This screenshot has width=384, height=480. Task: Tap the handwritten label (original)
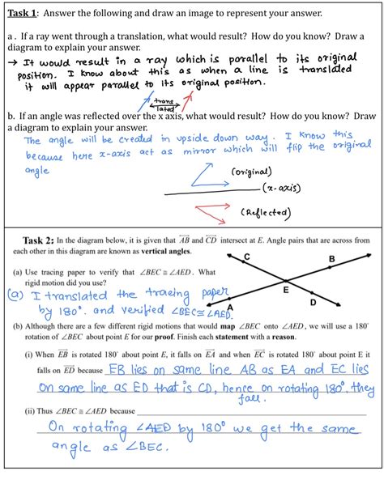click(x=250, y=172)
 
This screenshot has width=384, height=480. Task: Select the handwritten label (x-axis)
click(x=281, y=189)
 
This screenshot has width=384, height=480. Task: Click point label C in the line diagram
click(x=246, y=257)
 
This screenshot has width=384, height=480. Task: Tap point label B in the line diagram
click(x=331, y=261)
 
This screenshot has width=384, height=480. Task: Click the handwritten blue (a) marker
click(x=15, y=296)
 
